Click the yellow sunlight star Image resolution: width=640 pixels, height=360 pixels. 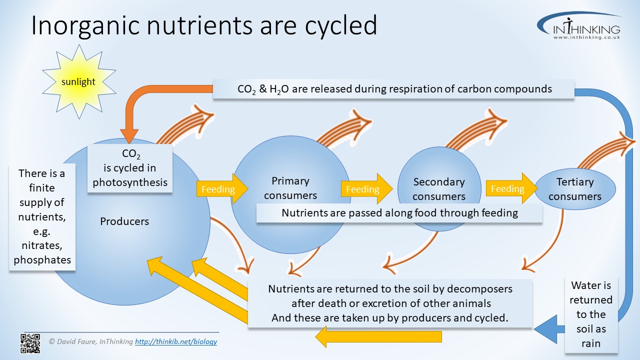pos(79,82)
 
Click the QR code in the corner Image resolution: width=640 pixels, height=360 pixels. pos(30,343)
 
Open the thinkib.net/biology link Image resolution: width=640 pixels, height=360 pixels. pos(176,342)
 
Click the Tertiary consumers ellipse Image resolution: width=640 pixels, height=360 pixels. pos(575,189)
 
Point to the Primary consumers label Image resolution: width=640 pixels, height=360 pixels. pos(290,187)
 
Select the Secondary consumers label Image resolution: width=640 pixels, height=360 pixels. pos(439,189)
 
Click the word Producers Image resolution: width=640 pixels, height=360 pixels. pos(124,221)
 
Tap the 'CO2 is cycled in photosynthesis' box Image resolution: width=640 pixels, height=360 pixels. pos(130,168)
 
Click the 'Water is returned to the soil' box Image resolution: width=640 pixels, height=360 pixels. pos(591,314)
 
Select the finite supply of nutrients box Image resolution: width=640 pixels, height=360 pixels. pos(42,216)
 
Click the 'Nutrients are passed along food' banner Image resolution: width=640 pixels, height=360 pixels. pos(399,213)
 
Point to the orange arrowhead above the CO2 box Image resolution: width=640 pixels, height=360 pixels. pos(129,135)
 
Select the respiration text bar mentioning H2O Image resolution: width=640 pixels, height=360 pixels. pos(394,89)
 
